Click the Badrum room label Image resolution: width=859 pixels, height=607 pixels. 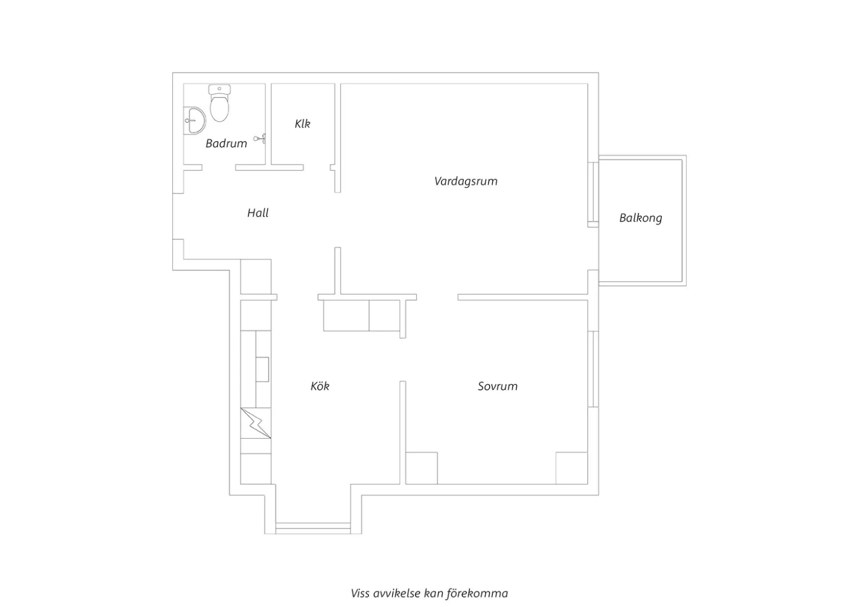(x=226, y=143)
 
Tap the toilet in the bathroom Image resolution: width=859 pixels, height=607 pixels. (x=220, y=103)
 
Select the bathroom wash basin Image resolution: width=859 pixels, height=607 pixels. (x=195, y=120)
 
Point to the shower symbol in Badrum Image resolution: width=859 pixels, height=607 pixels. (x=260, y=139)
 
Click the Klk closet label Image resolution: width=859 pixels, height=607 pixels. (x=302, y=124)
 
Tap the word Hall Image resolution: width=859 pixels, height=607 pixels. (x=258, y=213)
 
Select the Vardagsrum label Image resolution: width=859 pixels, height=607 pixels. (x=466, y=182)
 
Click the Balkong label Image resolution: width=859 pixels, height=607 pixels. (x=641, y=218)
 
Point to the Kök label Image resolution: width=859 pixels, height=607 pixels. (x=320, y=386)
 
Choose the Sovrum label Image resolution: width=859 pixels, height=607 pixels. (x=498, y=386)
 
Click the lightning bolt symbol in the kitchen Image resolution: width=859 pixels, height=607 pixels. (x=256, y=423)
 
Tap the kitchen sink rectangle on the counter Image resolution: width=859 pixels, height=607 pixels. (x=262, y=369)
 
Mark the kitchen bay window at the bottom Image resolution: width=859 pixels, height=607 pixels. (x=313, y=528)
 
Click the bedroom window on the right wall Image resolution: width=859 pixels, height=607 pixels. (x=593, y=369)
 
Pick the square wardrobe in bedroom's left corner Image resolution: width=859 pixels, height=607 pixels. (x=421, y=468)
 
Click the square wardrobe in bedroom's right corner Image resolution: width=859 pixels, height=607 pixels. (x=572, y=468)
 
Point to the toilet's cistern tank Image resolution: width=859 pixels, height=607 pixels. (x=220, y=90)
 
